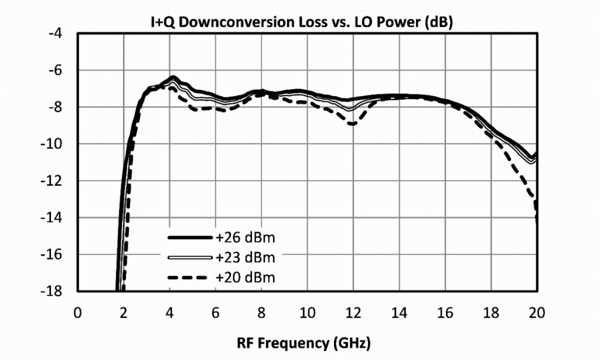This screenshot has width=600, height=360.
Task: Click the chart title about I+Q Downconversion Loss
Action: pyautogui.click(x=300, y=22)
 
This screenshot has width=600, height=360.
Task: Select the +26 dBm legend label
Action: pyautogui.click(x=245, y=239)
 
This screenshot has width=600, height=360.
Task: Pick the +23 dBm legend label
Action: pyautogui.click(x=245, y=257)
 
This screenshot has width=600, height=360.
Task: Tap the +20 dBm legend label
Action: pyautogui.click(x=245, y=277)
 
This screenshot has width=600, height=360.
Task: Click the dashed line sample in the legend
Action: pyautogui.click(x=189, y=277)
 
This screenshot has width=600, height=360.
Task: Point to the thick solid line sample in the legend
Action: pyautogui.click(x=189, y=238)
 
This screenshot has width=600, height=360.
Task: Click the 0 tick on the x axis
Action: pyautogui.click(x=77, y=311)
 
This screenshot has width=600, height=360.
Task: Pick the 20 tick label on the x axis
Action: pyautogui.click(x=536, y=311)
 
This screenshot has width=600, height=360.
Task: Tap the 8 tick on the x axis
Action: pyautogui.click(x=261, y=311)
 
